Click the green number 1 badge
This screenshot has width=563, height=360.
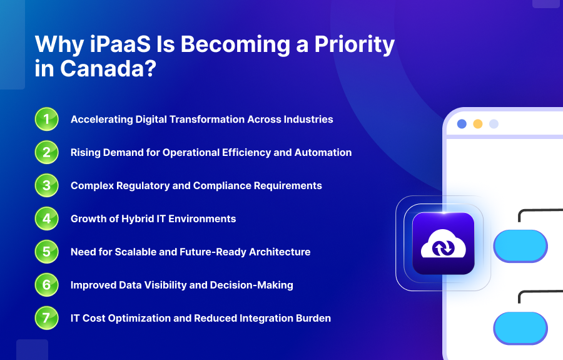[46, 119]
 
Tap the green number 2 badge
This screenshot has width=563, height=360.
[46, 152]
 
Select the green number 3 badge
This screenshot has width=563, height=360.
[46, 185]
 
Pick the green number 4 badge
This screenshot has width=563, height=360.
[46, 219]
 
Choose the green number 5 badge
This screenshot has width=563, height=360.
[46, 252]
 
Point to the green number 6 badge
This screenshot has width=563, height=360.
[46, 285]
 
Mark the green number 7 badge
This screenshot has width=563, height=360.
[46, 318]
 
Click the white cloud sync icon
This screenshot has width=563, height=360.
[443, 244]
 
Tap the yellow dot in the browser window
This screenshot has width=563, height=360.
[478, 124]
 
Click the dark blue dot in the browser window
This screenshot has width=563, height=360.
[462, 124]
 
